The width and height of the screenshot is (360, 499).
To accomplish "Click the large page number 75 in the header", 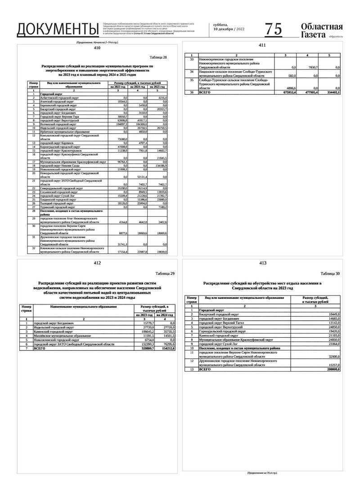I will pyautogui.click(x=274, y=29).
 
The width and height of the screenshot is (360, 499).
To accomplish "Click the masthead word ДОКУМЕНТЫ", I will pyautogui.click(x=58, y=29).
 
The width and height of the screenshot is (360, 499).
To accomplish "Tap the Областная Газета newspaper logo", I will pyautogui.click(x=321, y=30).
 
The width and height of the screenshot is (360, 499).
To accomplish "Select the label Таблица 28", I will pyautogui.click(x=158, y=58).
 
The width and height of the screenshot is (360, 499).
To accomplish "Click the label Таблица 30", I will pyautogui.click(x=330, y=273).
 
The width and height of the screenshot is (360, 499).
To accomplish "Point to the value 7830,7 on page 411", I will pyautogui.click(x=311, y=67).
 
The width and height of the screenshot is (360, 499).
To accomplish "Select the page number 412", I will pyautogui.click(x=97, y=263).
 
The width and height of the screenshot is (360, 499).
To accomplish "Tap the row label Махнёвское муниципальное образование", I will pyautogui.click(x=65, y=336).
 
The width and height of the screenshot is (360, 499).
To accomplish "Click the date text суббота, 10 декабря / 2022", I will pyautogui.click(x=229, y=27).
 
